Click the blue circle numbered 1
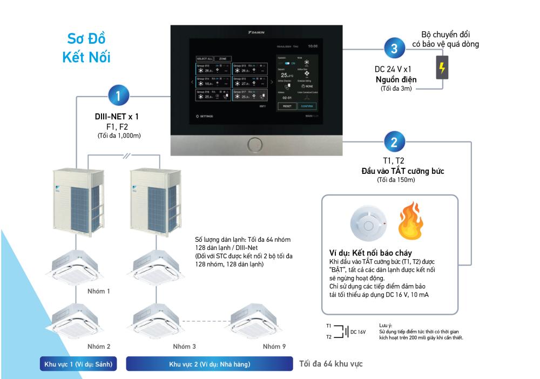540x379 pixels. point(117,97)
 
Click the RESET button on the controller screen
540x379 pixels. point(285,106)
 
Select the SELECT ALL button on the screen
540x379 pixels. point(205,58)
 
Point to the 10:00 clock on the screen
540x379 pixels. point(313,46)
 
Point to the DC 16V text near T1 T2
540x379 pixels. point(359,332)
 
